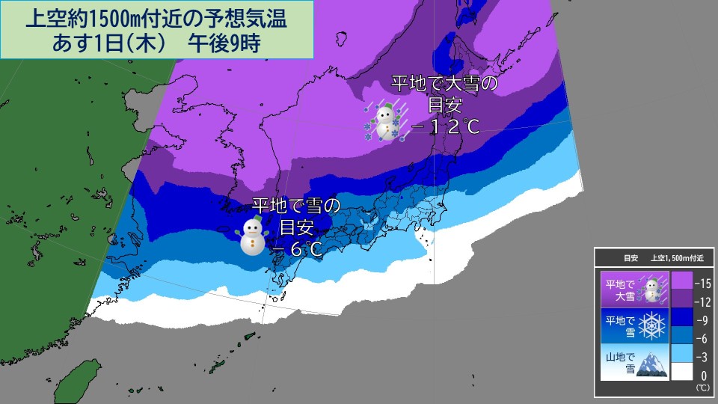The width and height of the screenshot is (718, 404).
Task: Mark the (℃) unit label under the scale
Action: click(702, 388)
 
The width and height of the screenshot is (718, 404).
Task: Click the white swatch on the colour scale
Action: click(681, 372)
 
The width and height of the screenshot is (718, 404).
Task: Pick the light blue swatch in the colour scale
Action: click(681, 352)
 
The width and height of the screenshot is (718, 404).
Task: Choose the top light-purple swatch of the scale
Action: click(681, 280)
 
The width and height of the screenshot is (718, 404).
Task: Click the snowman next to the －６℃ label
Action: click(253, 236)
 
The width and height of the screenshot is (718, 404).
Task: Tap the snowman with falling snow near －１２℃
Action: click(384, 121)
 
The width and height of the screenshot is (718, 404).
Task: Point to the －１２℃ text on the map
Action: click(445, 127)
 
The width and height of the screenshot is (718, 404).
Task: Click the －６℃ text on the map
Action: click(297, 249)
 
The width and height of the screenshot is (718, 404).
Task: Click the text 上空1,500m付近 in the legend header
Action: click(681, 258)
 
